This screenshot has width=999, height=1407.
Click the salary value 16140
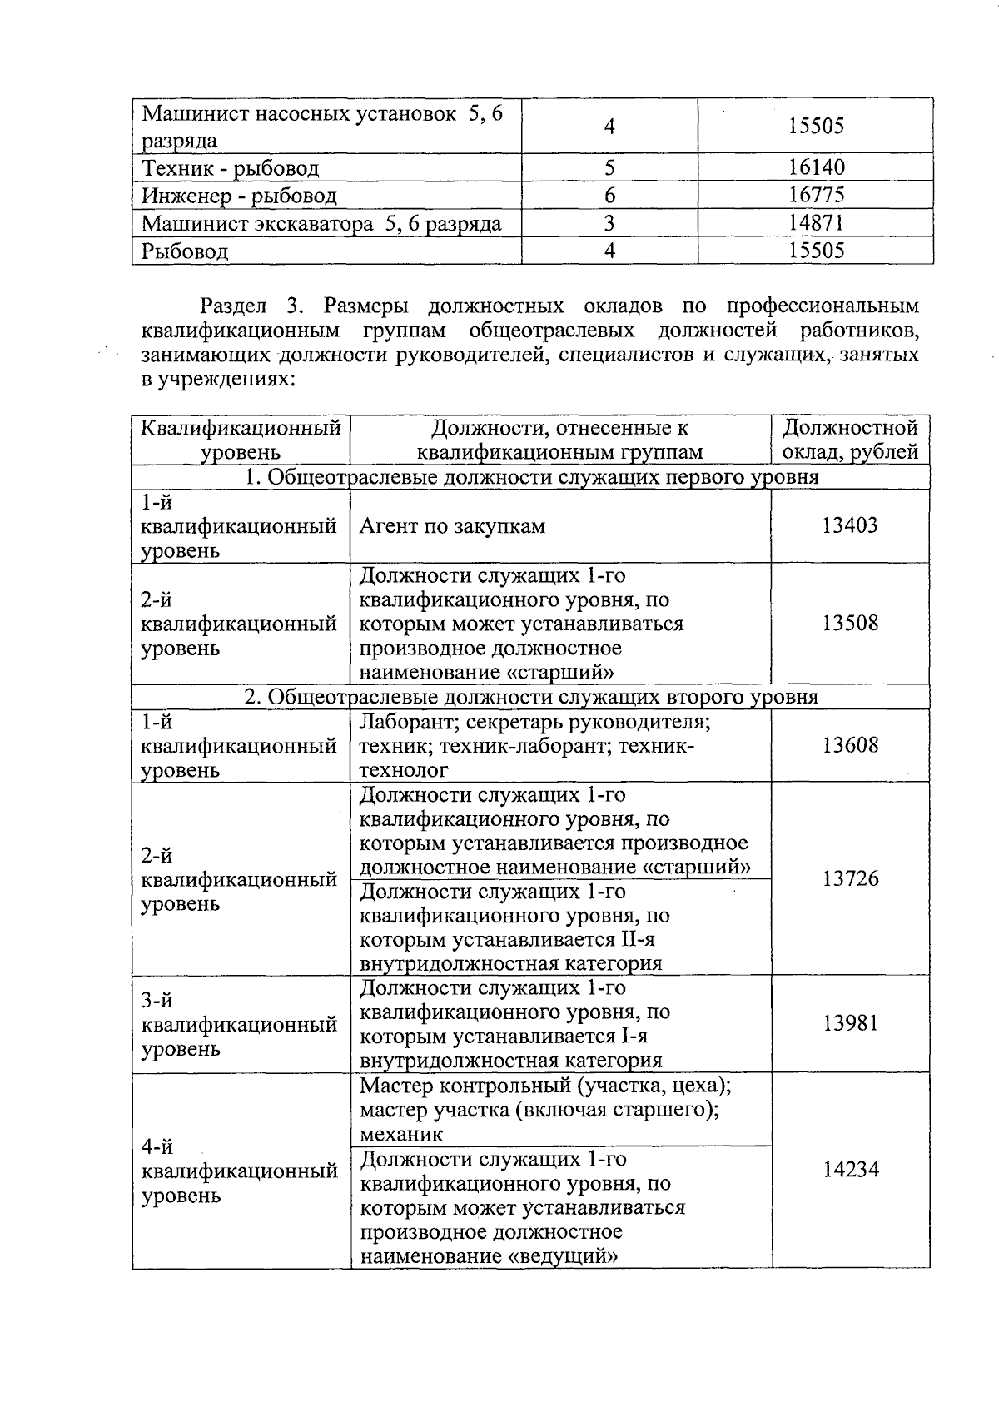816,168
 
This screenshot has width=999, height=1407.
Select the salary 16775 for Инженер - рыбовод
816,196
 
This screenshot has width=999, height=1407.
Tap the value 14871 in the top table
816,223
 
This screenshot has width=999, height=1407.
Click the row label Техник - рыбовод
231,169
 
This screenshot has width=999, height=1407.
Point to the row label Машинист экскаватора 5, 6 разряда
321,224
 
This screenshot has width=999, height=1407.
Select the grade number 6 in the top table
609,196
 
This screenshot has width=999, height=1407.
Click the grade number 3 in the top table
609,223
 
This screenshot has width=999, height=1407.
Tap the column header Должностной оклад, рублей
850,440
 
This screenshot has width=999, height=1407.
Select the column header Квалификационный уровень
241,440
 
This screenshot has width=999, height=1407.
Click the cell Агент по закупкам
452,526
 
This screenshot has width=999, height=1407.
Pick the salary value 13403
850,525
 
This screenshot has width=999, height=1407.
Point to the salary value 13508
850,624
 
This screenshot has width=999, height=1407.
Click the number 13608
850,745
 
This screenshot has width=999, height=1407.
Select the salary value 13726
850,878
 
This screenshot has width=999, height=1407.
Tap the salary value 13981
850,1023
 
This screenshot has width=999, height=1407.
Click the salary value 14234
850,1170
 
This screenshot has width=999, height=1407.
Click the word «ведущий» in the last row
562,1256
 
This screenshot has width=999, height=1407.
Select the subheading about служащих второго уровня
530,697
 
